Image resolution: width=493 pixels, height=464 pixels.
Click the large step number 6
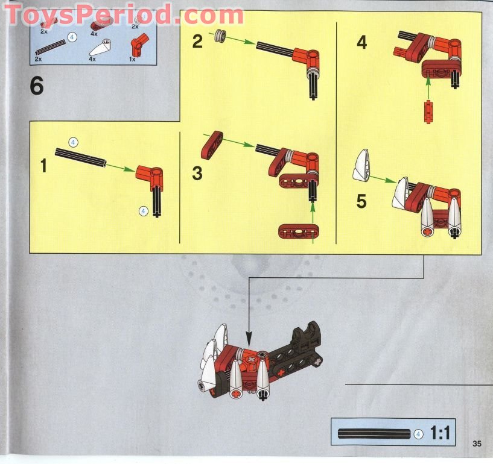point(37,87)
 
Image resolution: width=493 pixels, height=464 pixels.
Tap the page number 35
point(477,445)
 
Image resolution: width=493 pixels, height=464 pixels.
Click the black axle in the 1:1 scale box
point(374,433)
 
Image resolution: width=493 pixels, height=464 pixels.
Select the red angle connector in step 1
point(148,175)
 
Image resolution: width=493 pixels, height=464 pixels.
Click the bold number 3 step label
point(197,174)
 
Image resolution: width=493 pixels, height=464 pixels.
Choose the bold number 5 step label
point(361,201)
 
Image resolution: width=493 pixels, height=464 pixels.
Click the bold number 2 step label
point(197,42)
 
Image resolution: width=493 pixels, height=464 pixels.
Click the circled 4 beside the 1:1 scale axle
point(418,433)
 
